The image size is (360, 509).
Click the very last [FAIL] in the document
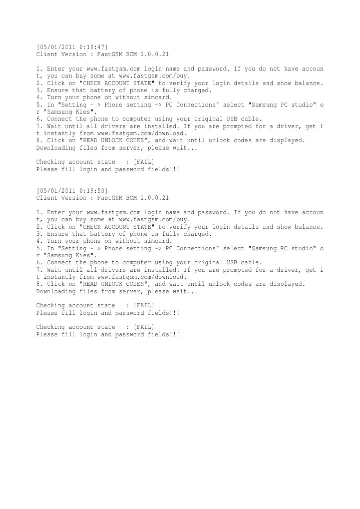point(144,327)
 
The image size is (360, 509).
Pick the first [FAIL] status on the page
point(144,162)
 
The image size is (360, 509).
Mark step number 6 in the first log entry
point(38,119)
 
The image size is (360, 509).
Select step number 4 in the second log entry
point(38,241)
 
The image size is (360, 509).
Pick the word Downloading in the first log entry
point(54,148)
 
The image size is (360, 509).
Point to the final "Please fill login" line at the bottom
point(108,334)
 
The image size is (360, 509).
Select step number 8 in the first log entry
point(38,141)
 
